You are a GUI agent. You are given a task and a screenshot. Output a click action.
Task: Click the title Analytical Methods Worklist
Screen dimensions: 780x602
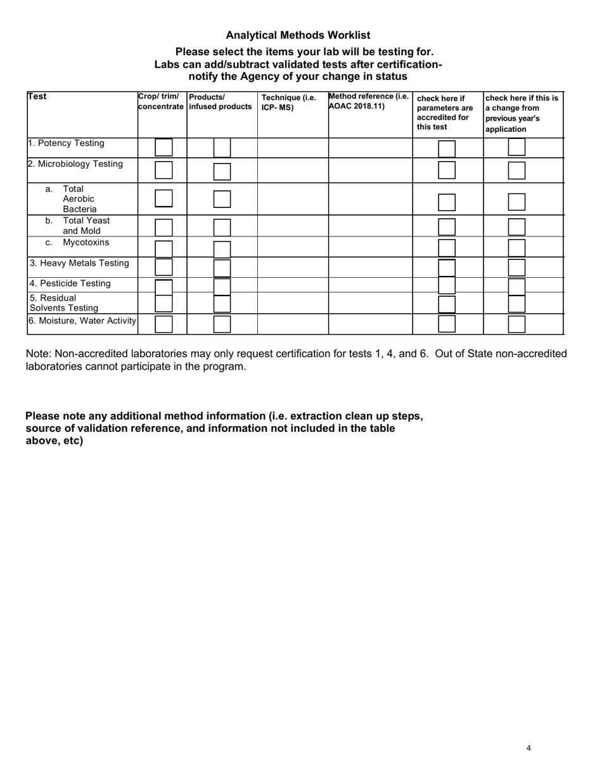[x=298, y=36]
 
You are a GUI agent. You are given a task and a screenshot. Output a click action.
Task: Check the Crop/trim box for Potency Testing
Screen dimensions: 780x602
[x=163, y=148]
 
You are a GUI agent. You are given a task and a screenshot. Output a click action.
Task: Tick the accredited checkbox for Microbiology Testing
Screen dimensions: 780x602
[x=447, y=170]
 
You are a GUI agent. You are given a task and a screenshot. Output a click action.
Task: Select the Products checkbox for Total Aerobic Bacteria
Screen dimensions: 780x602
[x=222, y=198]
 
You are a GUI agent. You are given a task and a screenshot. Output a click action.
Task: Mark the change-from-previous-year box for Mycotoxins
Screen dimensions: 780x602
[x=517, y=247]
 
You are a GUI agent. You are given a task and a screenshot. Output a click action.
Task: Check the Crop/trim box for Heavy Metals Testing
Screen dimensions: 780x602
[x=163, y=268]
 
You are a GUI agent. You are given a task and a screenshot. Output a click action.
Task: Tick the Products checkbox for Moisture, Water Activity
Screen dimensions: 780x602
[x=222, y=324]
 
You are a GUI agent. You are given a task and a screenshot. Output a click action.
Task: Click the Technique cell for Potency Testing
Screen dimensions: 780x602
[x=293, y=148]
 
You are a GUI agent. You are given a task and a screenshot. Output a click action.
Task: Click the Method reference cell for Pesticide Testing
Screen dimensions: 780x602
[x=370, y=285]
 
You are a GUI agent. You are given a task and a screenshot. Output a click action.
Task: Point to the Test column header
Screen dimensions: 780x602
[x=37, y=97]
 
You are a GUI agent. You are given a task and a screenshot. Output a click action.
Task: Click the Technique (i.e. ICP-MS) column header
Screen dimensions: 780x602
[x=288, y=102]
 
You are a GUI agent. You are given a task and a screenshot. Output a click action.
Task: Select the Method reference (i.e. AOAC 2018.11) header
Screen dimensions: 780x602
[x=368, y=101]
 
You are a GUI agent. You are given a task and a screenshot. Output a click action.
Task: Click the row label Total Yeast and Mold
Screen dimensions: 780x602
[x=86, y=226]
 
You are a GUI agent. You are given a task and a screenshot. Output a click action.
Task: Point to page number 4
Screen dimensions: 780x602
[x=528, y=748]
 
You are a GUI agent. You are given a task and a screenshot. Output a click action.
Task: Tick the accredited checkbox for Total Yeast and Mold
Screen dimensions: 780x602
[x=447, y=227]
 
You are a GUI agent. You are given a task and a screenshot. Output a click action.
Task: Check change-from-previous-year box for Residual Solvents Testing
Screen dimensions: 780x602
[x=517, y=304]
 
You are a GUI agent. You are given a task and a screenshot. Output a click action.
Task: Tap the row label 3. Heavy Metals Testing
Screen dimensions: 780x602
[x=79, y=263]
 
